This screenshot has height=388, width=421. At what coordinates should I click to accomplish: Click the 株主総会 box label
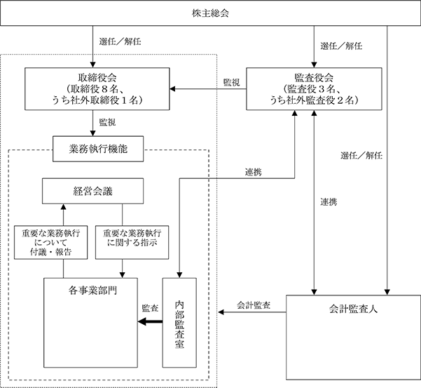point(210,13)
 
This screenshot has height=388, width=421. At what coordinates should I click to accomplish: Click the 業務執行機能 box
point(98,149)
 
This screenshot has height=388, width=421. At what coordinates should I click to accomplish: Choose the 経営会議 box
point(92,191)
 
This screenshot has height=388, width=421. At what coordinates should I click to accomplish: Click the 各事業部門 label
point(92,290)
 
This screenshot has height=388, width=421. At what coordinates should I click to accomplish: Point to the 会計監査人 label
point(353,309)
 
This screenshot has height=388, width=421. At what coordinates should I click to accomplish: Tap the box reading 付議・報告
point(50,242)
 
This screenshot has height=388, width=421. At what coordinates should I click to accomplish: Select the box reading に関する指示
point(132,242)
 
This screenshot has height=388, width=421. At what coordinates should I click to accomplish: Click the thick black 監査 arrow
point(150,321)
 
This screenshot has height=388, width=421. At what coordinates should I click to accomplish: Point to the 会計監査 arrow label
point(254,305)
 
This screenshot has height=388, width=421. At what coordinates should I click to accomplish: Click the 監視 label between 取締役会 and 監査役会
point(231,82)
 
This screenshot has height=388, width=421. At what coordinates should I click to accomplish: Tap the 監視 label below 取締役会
point(107,122)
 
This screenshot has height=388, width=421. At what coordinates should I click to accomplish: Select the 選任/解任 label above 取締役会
point(120,41)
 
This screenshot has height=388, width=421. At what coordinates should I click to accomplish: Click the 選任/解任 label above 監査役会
point(341,46)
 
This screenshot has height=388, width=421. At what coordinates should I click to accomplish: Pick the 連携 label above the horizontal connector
point(253,172)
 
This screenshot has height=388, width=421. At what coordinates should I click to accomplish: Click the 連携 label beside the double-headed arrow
point(329,202)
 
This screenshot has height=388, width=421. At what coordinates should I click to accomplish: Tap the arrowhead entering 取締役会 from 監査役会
point(172,88)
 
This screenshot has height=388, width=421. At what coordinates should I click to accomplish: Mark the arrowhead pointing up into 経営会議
point(63,206)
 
